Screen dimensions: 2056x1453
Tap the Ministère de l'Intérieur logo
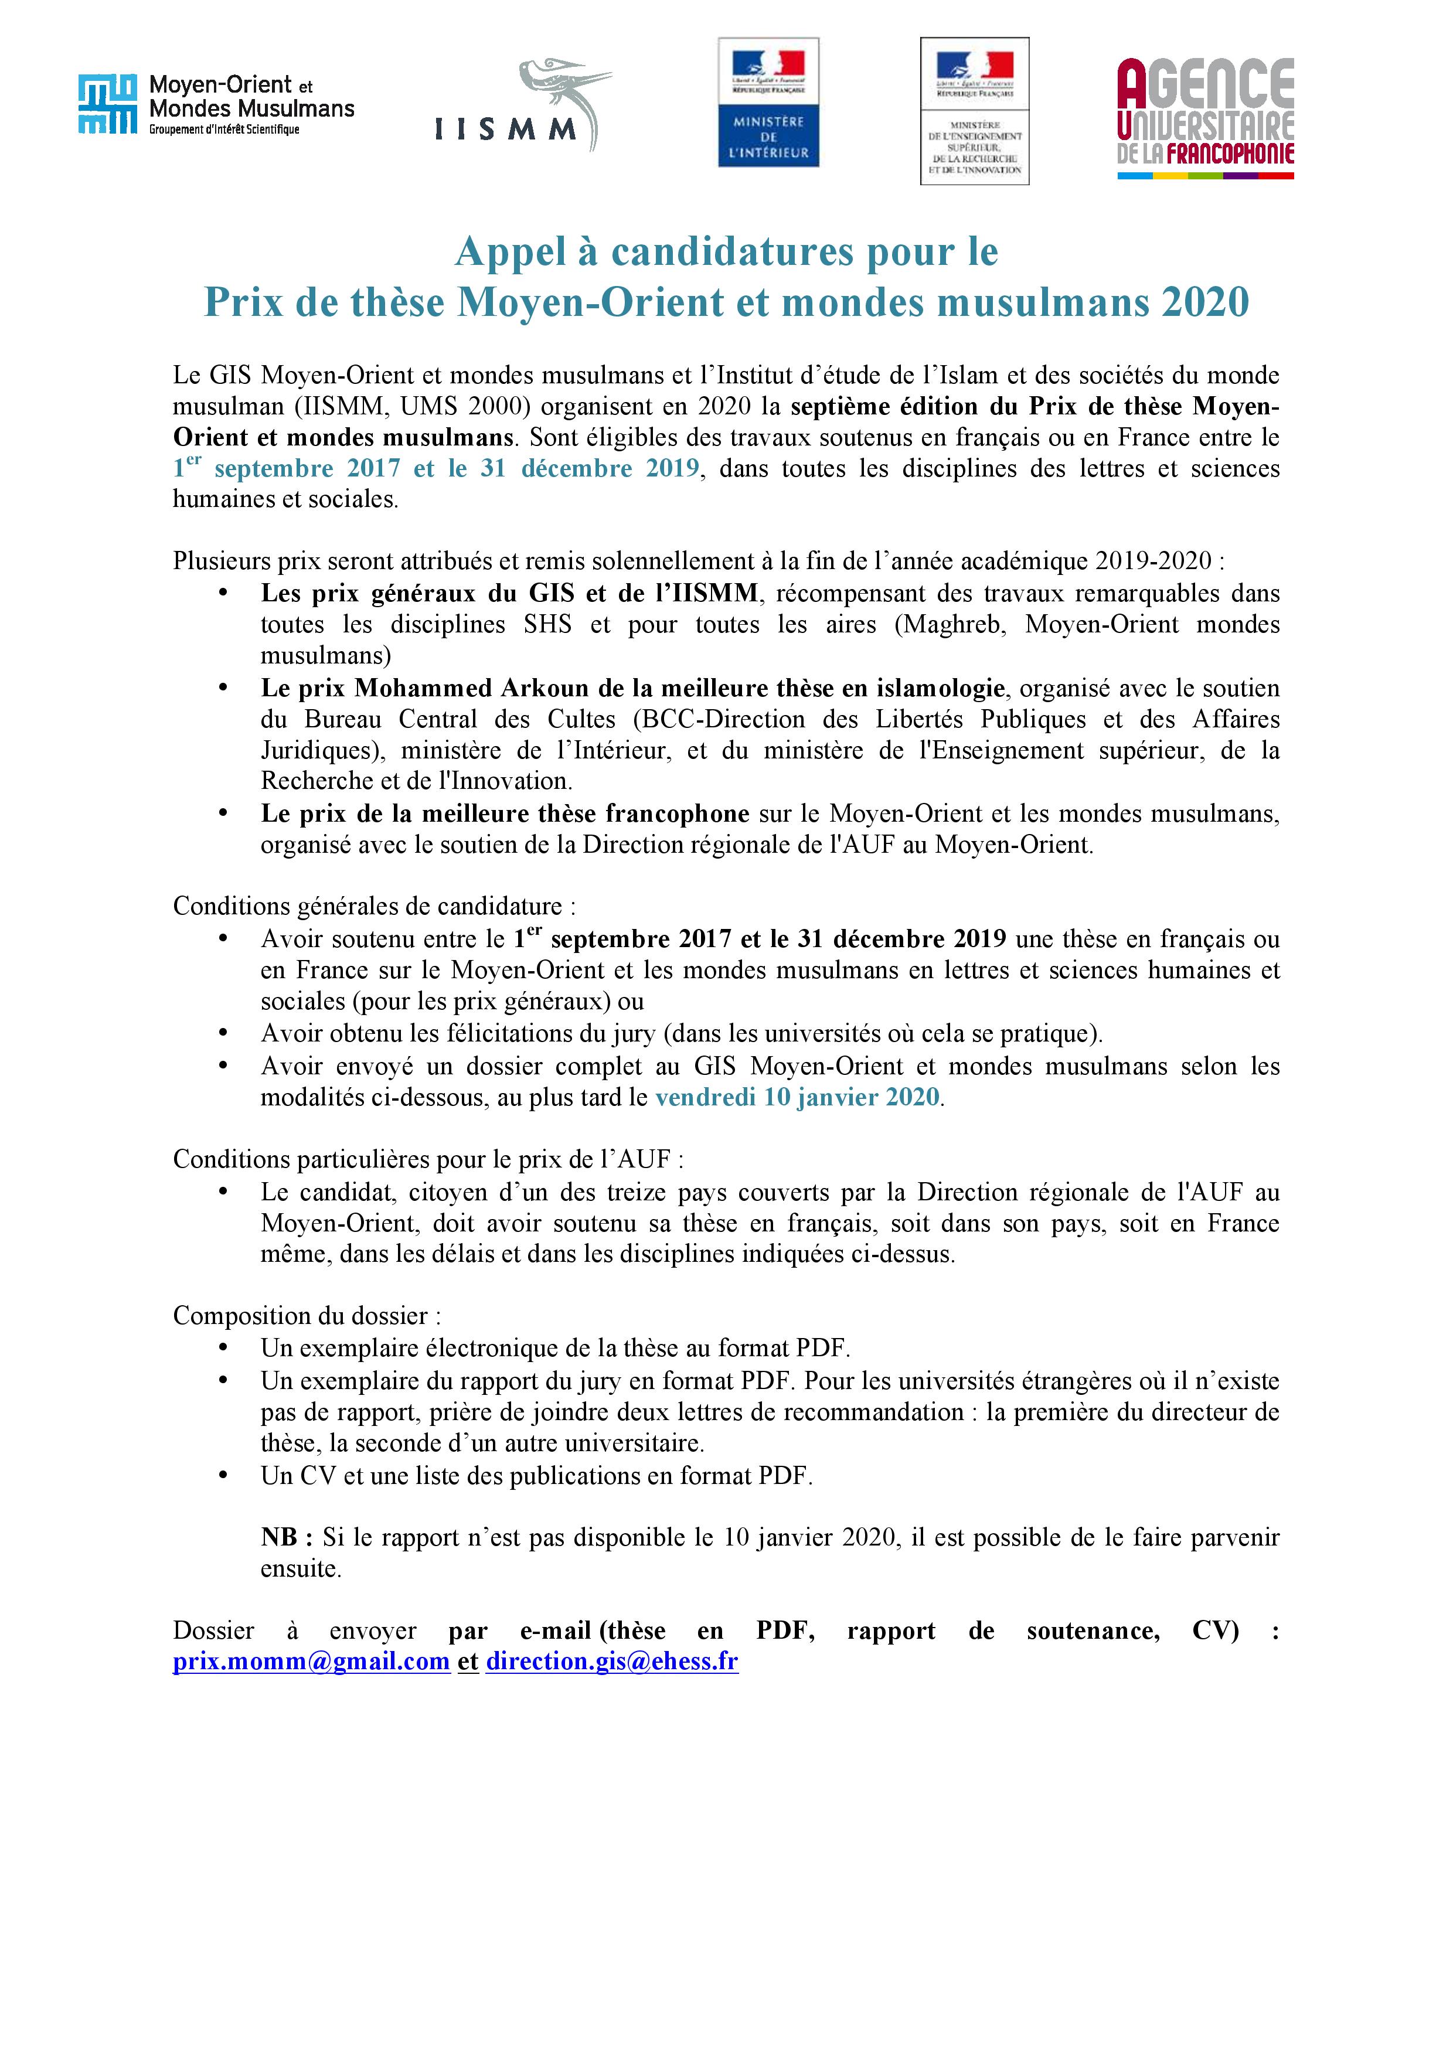tap(768, 102)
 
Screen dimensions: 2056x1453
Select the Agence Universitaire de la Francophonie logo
tap(1205, 118)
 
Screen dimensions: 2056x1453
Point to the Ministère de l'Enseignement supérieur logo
tap(974, 111)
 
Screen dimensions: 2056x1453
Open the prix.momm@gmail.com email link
tap(311, 1661)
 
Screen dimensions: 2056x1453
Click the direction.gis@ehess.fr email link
tap(611, 1661)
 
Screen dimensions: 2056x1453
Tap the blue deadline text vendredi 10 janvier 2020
tap(797, 1097)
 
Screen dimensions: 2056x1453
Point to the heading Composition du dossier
tap(306, 1315)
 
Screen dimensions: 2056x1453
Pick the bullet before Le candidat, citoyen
tap(223, 1193)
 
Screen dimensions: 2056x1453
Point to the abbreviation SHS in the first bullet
tap(547, 624)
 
